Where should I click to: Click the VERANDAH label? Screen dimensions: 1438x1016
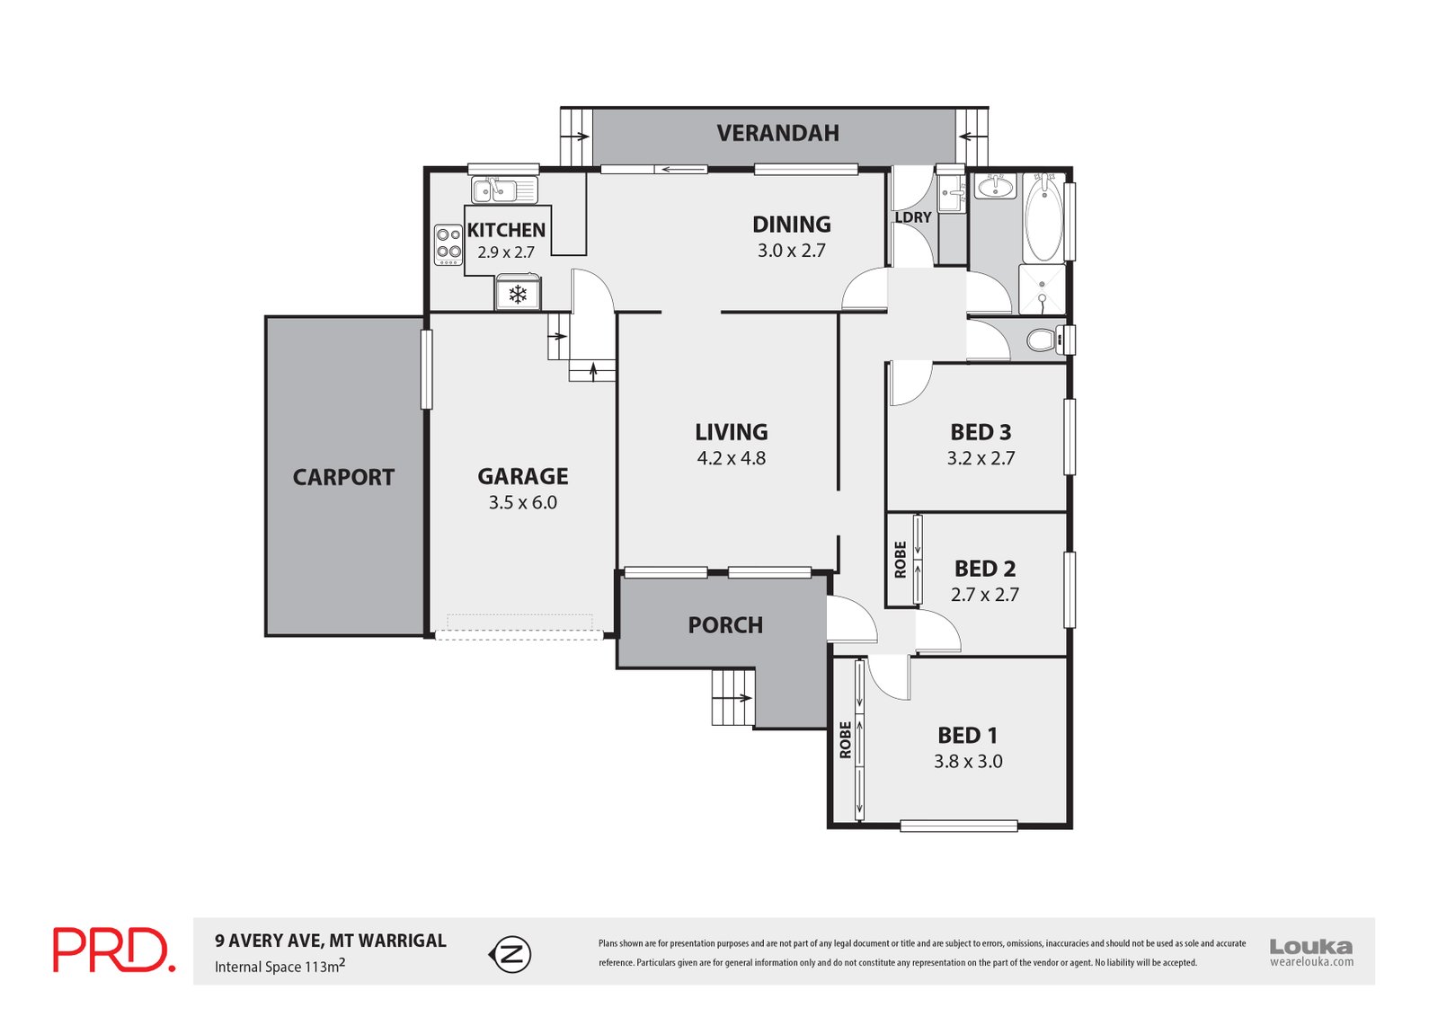coord(777,133)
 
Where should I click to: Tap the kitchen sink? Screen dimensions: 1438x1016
coord(504,190)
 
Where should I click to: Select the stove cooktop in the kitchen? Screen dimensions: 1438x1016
coord(448,244)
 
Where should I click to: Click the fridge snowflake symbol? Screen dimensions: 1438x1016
coord(518,295)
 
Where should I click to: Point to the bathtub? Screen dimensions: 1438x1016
coord(1043,216)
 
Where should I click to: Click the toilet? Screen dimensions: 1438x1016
coord(1046,340)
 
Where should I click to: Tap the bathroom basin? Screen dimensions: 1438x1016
coord(996,186)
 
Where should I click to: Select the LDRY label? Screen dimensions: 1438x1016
coord(913,216)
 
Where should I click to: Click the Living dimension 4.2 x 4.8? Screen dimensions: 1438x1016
coord(732,457)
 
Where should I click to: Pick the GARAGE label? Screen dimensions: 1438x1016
coord(522,476)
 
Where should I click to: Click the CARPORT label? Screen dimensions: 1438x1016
coord(343,477)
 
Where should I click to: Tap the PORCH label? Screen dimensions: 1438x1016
coord(725,625)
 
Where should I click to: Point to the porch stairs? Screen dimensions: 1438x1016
coord(733,697)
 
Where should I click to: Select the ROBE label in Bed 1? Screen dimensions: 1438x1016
coord(845,740)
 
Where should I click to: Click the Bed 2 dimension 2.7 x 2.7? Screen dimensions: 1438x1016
coord(985,595)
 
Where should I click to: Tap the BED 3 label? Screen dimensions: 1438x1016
coord(981,432)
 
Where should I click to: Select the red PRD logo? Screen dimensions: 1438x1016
coord(114,950)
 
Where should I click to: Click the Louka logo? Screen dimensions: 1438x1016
coord(1311,952)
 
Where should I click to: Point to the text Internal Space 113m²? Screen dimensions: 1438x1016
coord(280,966)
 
